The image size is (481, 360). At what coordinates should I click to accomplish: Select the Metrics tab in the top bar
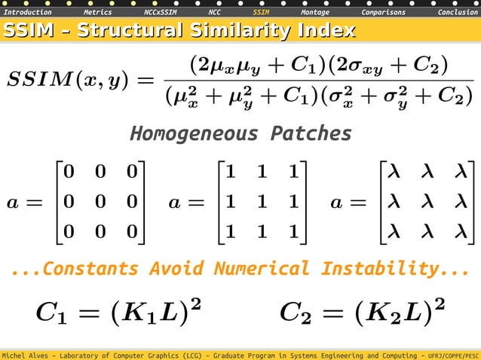[98, 13]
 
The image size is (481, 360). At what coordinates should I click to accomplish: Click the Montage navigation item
[314, 13]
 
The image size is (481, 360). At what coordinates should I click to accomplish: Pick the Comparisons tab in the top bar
[383, 13]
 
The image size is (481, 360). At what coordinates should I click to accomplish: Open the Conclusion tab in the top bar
[458, 13]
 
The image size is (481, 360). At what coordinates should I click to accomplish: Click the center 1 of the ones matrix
[261, 202]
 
